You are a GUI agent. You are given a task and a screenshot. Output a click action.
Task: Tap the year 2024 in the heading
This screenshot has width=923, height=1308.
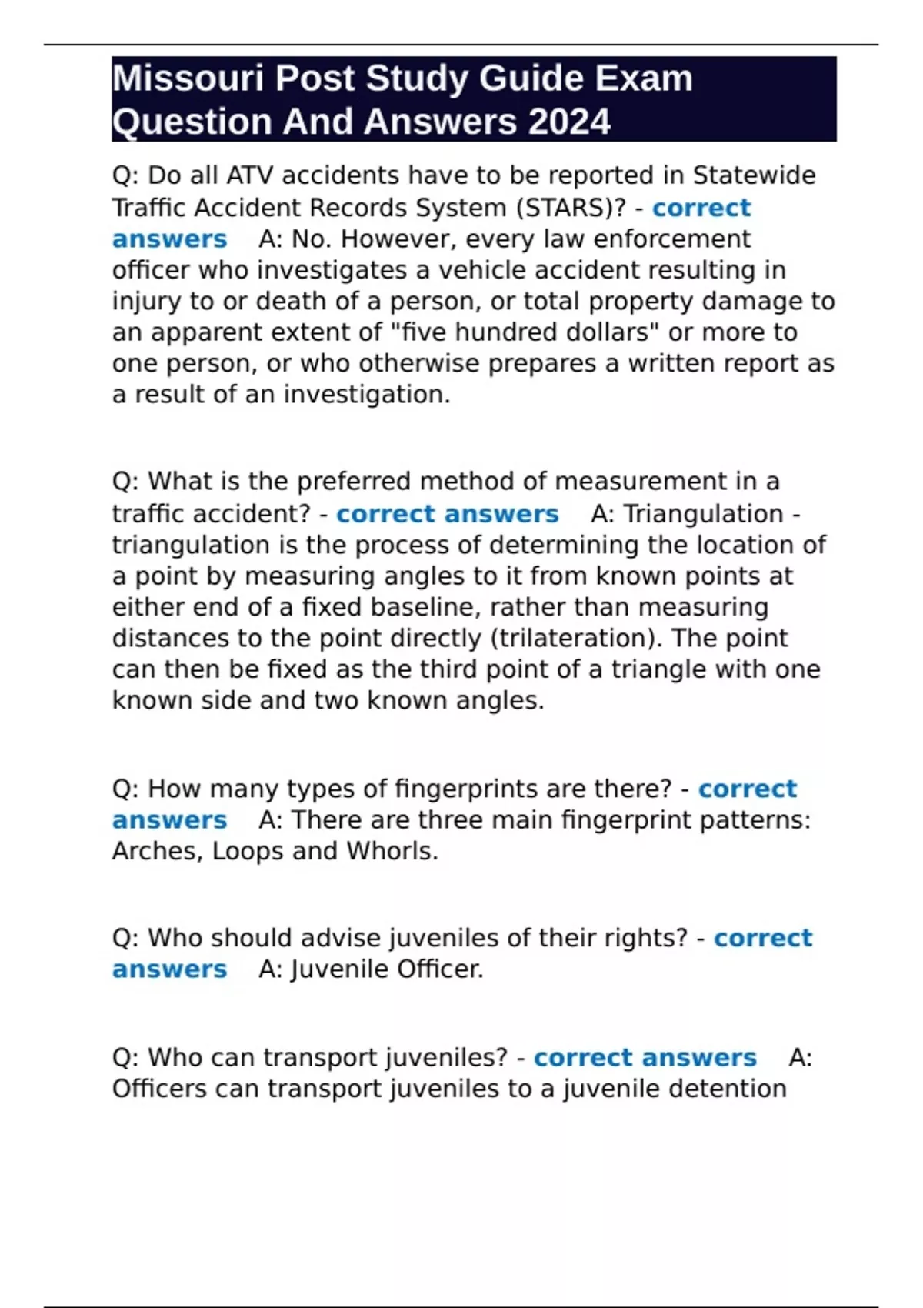[570, 122]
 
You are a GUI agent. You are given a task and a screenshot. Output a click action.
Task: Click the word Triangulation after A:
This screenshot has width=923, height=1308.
[703, 513]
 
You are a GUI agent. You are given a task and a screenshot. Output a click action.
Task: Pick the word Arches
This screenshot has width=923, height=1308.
[157, 851]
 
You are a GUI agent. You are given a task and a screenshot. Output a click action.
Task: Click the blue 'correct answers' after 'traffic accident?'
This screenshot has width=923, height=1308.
[447, 513]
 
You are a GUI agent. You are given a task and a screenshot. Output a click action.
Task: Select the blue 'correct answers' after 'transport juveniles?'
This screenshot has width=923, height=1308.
[645, 1058]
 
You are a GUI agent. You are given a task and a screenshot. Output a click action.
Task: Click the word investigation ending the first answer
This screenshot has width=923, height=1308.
[366, 395]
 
